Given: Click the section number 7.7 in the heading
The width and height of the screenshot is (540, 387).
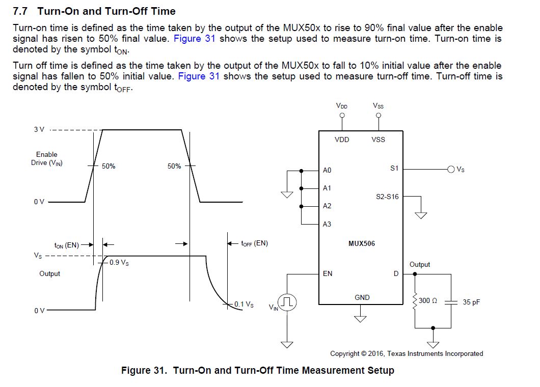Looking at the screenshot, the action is (x=20, y=11).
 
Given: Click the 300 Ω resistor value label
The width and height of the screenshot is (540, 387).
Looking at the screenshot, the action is (x=428, y=300).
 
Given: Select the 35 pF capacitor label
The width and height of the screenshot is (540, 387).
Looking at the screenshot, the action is (x=471, y=302).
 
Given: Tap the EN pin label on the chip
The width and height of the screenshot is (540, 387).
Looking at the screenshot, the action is (x=328, y=273).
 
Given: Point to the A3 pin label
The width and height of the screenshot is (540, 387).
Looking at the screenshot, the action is (x=327, y=224).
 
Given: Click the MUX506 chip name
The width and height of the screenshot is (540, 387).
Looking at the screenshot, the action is (x=362, y=243).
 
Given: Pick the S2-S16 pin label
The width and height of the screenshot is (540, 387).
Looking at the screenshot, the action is (x=387, y=197).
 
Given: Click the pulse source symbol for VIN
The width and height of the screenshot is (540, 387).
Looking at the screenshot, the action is (x=287, y=302).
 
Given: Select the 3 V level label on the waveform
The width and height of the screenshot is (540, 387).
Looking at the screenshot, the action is (x=39, y=129).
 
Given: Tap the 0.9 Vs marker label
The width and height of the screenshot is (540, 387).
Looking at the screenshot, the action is (x=119, y=263).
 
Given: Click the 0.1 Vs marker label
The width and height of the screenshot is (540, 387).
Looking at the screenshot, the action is (x=244, y=305).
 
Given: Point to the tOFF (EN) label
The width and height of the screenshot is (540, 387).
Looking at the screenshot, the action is (x=255, y=243).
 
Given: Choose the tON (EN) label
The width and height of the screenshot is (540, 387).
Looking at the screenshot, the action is (x=67, y=245).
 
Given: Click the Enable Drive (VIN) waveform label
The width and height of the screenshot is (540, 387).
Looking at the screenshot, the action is (x=47, y=159).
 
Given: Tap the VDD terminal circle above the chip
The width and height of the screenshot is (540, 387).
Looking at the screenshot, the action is (x=342, y=116).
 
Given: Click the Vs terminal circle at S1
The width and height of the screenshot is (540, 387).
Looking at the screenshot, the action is (x=451, y=169).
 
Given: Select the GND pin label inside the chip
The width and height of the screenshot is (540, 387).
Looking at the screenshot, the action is (x=362, y=297).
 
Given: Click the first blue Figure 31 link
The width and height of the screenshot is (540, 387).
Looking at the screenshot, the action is (x=194, y=38).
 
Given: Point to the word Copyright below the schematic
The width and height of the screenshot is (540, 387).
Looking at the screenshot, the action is (x=345, y=353).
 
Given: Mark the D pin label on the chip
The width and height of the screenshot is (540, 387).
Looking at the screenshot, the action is (x=396, y=273).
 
